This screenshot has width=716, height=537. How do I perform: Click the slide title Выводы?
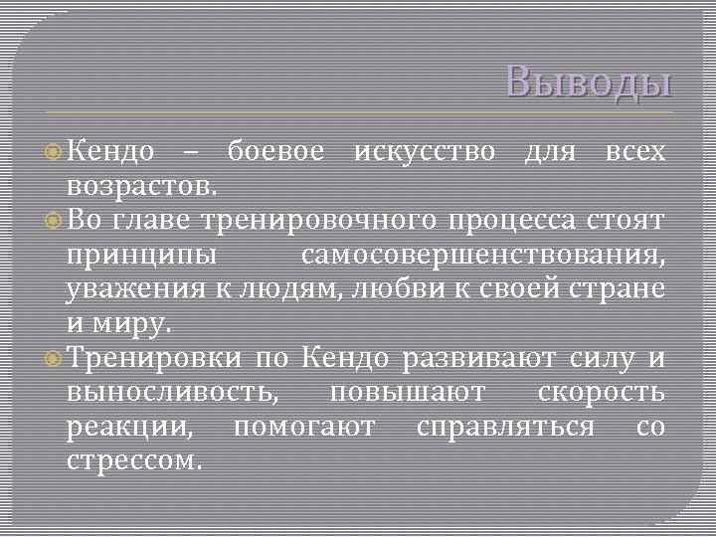click(x=588, y=82)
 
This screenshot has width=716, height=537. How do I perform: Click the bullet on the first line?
click(x=53, y=152)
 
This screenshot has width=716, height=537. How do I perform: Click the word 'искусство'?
click(x=425, y=152)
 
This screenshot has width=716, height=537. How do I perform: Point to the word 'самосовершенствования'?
click(x=482, y=256)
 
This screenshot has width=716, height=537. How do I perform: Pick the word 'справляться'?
click(x=506, y=429)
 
